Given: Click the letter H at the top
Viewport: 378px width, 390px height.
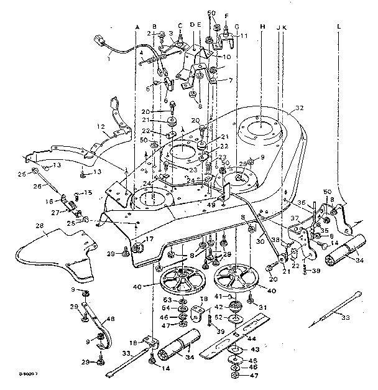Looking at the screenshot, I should [262, 27].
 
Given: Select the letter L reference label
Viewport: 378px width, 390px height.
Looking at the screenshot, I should [339, 27].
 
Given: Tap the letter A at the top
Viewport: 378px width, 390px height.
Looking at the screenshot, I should [137, 27].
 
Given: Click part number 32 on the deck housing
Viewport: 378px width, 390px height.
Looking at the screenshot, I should [299, 108].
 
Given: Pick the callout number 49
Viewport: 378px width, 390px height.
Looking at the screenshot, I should [211, 203].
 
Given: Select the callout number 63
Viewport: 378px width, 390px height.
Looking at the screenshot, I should [166, 300].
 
